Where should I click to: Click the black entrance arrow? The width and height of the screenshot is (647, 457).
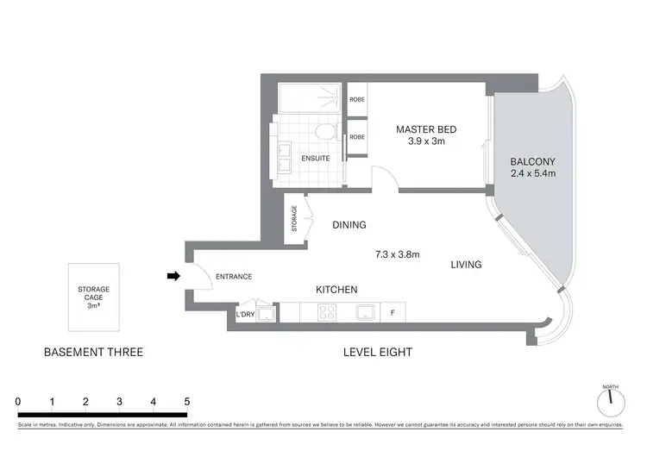pos(173,276)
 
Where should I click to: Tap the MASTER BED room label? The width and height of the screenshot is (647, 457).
pos(426,129)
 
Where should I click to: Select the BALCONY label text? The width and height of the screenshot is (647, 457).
pos(532,161)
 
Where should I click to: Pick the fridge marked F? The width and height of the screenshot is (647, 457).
pos(393,313)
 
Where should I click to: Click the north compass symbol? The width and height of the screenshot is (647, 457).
pos(611,399)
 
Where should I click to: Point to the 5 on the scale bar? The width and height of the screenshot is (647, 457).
pos(186,402)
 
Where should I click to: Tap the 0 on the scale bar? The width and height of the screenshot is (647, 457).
pos(18,402)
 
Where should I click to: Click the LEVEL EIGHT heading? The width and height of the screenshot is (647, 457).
pos(377,352)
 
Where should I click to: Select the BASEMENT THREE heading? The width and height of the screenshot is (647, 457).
pos(93,352)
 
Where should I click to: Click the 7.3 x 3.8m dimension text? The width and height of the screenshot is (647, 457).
pos(397,254)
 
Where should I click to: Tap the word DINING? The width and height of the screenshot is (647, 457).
pos(349,225)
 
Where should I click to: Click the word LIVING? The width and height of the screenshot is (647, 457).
pos(466,265)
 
